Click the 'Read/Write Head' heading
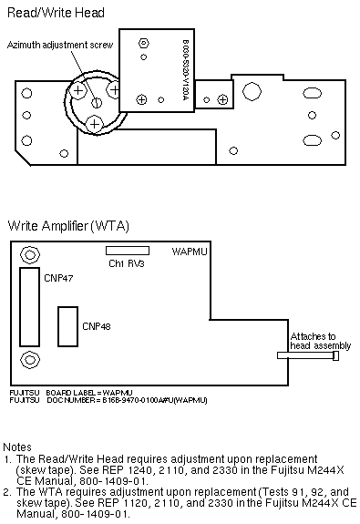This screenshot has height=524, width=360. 56,13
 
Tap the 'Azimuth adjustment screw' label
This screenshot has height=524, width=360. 60,46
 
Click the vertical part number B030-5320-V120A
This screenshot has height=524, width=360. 186,70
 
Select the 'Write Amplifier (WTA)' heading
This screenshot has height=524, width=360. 68,226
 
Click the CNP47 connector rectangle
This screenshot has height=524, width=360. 29,307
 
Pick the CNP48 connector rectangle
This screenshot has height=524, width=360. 67,326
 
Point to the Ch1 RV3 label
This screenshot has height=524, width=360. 127,263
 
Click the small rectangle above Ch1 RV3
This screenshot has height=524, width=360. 128,251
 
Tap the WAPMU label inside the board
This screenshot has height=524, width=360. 190,252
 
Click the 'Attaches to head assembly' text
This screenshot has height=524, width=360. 321,341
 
